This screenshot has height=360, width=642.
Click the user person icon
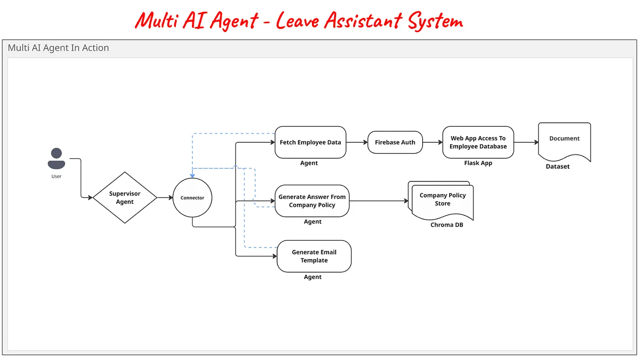tap(56, 159)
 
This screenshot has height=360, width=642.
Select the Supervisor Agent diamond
tap(125, 197)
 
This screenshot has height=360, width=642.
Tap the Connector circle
tap(192, 197)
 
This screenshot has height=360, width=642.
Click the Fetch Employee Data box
tap(310, 142)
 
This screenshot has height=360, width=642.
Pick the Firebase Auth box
tap(395, 142)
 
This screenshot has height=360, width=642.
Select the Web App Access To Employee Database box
tap(478, 142)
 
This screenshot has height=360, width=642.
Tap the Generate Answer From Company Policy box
tap(312, 201)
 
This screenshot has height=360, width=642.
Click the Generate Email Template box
tap(314, 256)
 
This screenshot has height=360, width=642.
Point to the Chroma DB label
tap(447, 225)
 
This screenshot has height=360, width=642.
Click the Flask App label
tap(478, 163)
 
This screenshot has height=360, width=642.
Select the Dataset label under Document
tap(558, 166)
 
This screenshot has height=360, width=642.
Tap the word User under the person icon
tap(56, 176)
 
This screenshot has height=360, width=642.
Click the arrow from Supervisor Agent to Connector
tap(165, 197)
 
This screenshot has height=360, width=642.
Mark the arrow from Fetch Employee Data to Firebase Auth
tap(357, 142)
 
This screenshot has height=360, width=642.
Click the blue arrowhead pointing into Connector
tap(192, 175)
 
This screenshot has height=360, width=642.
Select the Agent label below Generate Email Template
tap(312, 277)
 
